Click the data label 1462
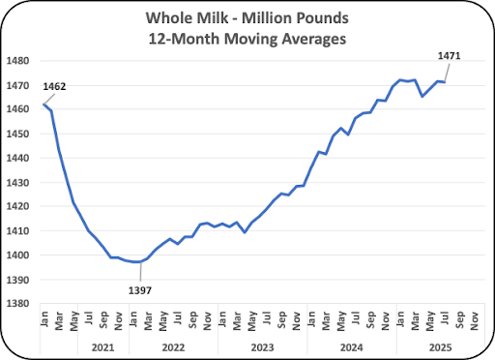click(x=54, y=87)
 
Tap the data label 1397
click(x=140, y=290)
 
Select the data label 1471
click(x=449, y=56)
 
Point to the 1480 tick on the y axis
click(x=17, y=61)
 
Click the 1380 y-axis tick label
click(x=17, y=304)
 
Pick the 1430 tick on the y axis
click(x=17, y=183)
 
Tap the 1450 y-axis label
click(x=17, y=134)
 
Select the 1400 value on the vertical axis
click(x=17, y=255)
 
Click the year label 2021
click(x=102, y=347)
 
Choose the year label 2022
click(x=173, y=347)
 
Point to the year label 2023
click(x=262, y=347)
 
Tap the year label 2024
click(x=352, y=347)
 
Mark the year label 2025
click(x=441, y=347)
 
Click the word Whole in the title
click(x=168, y=18)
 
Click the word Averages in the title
click(x=314, y=40)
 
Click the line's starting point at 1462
click(x=44, y=105)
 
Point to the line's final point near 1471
click(x=445, y=82)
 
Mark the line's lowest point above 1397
click(x=136, y=262)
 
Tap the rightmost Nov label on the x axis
click(x=474, y=321)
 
